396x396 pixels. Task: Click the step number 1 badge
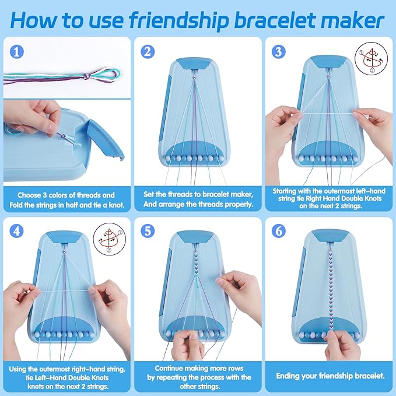tap(17, 51)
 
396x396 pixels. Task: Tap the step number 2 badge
tap(148, 51)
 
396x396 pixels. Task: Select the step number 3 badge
tap(278, 51)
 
